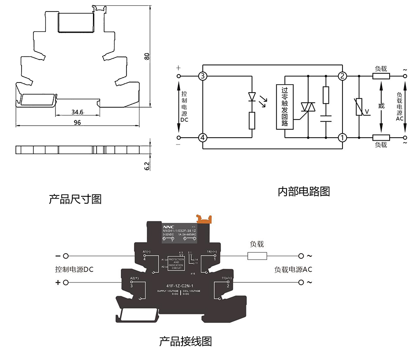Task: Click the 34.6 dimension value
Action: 77,112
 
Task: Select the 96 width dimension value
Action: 77,123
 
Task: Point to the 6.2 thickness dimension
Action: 147,165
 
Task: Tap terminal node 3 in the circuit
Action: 202,76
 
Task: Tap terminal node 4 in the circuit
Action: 202,138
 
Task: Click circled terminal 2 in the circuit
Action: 342,76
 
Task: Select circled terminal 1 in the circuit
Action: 342,138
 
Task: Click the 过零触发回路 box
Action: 284,106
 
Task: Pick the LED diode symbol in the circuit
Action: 252,97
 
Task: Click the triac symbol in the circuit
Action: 307,107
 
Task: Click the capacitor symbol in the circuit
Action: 326,119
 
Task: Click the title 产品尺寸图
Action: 75,199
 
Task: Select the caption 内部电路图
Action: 304,191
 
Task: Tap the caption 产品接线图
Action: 186,341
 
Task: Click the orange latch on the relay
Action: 203,218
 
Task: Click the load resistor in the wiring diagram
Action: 257,256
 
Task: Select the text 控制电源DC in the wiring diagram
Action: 74,269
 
